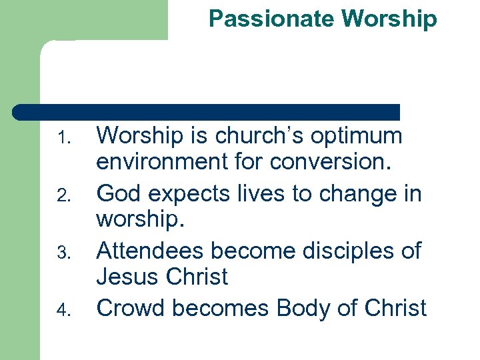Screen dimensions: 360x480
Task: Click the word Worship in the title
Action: (389, 19)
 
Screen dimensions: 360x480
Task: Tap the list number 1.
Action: (63, 139)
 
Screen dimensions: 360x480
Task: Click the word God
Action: (119, 193)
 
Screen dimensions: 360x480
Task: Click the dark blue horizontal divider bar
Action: (207, 112)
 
